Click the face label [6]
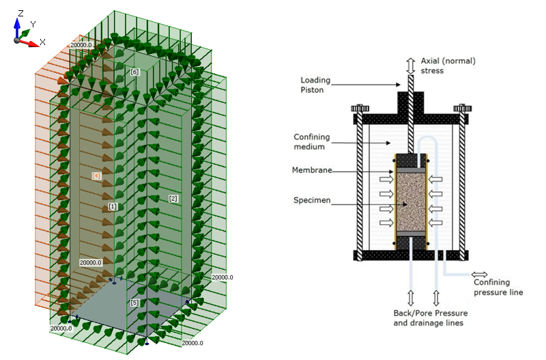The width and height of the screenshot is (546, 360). (x=134, y=72)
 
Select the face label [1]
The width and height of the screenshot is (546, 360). (x=113, y=206)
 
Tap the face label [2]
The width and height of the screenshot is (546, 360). (x=173, y=198)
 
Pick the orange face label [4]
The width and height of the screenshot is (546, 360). (x=96, y=176)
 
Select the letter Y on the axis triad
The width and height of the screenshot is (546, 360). (x=33, y=24)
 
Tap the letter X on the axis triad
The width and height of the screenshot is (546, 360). (x=42, y=42)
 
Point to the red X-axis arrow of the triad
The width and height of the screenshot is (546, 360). (x=28, y=42)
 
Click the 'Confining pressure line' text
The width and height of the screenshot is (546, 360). (x=498, y=287)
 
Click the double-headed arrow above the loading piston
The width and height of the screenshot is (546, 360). (x=410, y=66)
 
